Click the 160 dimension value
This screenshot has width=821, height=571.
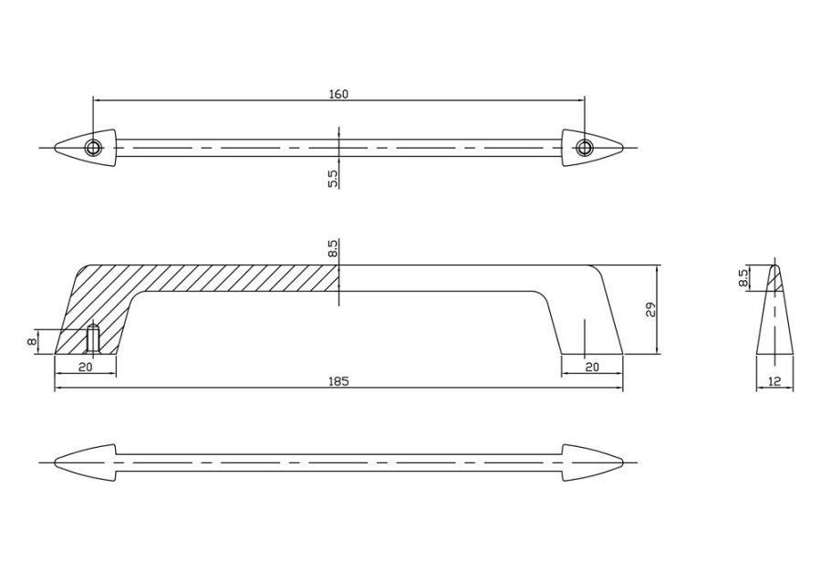pyautogui.click(x=338, y=94)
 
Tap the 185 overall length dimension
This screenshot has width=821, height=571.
pyautogui.click(x=338, y=381)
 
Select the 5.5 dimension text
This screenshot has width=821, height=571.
pyautogui.click(x=334, y=179)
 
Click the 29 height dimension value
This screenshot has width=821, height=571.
pyautogui.click(x=650, y=309)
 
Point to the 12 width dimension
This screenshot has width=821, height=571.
pyautogui.click(x=774, y=382)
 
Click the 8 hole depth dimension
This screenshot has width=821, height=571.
pyautogui.click(x=33, y=342)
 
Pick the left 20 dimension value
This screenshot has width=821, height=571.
pyautogui.click(x=85, y=367)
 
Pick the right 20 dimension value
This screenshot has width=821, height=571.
pyautogui.click(x=592, y=367)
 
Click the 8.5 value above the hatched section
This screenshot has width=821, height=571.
pyautogui.click(x=334, y=249)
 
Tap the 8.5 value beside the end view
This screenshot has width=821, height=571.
pyautogui.click(x=742, y=278)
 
